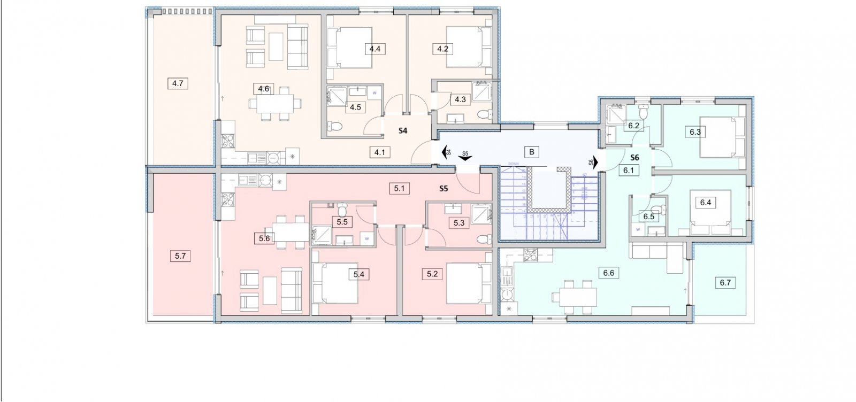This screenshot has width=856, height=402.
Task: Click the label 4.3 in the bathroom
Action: (x=460, y=99)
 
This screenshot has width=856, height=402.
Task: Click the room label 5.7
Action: (x=180, y=256)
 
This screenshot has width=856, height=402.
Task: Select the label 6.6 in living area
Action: (x=608, y=273)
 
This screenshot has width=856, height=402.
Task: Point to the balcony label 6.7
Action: (x=725, y=283)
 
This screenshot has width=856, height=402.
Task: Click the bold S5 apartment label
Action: (x=443, y=188)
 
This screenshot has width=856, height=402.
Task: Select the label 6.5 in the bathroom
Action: (x=649, y=217)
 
